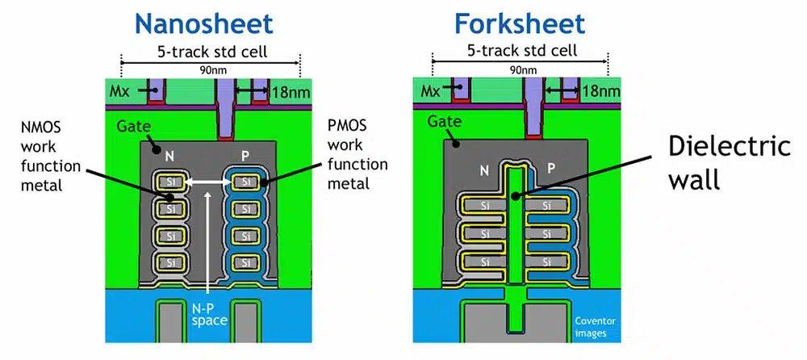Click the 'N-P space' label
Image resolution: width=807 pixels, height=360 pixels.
coord(208,322)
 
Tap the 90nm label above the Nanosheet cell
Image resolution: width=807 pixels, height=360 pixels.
coord(210,70)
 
